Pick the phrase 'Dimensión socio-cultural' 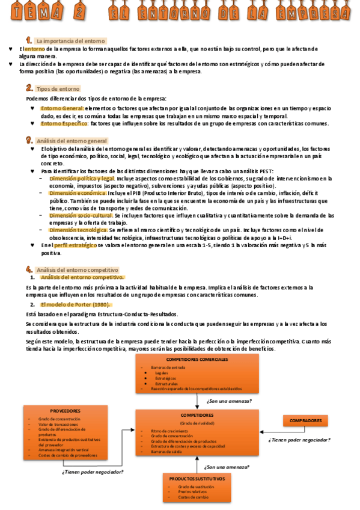(81, 215)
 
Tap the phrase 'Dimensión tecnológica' (78, 230)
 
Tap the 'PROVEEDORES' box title (66, 411)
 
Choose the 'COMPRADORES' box (305, 421)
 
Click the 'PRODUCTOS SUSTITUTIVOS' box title (197, 479)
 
